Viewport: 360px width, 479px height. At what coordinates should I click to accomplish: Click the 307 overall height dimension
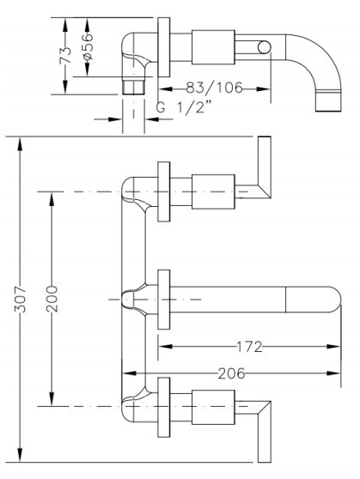pyautogui.click(x=21, y=299)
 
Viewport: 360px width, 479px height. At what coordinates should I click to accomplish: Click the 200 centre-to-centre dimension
pyautogui.click(x=52, y=299)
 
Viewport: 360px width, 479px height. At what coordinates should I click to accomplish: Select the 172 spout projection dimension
pyautogui.click(x=249, y=347)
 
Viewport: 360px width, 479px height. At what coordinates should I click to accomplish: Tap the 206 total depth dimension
pyautogui.click(x=231, y=373)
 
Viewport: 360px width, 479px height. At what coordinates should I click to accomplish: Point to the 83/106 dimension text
pyautogui.click(x=214, y=88)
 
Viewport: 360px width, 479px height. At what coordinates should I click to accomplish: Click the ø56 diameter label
pyautogui.click(x=87, y=46)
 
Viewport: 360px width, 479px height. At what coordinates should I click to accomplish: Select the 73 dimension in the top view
pyautogui.click(x=65, y=55)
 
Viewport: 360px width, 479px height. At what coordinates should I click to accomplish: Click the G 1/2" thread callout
pyautogui.click(x=184, y=107)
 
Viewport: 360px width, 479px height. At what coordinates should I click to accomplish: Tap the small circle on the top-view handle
pyautogui.click(x=264, y=47)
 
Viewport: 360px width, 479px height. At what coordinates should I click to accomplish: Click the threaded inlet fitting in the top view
pyautogui.click(x=133, y=86)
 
